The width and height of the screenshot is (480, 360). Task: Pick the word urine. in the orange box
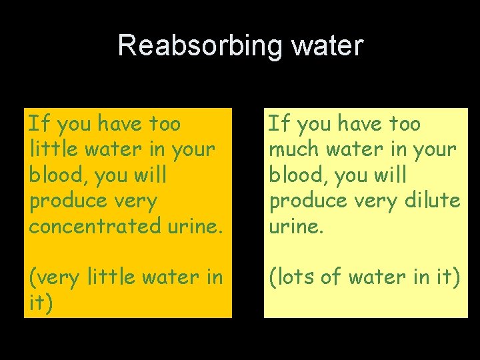pos(191,225)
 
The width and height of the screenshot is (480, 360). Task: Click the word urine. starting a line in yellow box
pos(295,225)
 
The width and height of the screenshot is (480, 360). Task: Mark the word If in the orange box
pos(39,123)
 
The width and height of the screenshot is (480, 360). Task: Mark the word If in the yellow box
pos(279,123)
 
